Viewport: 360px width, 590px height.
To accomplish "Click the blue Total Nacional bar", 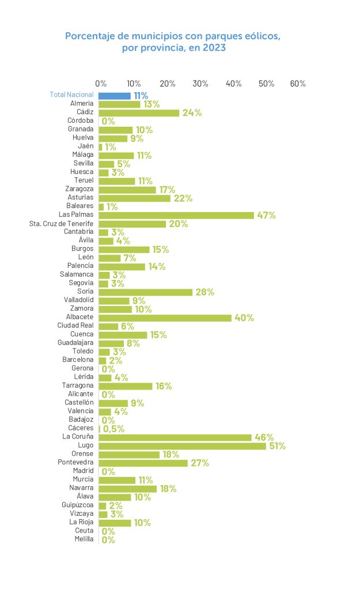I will coord(115,96).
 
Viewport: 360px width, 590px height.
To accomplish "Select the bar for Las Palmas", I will coord(176,215).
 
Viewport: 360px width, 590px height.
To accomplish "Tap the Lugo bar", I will coord(182,446).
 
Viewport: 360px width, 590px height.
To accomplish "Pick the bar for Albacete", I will coord(165,317).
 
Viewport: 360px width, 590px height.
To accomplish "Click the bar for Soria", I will coord(146,292).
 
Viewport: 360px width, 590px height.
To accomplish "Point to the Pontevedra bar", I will coord(143,463).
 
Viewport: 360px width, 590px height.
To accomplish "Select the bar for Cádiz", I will coord(139,113).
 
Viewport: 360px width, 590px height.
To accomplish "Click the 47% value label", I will coord(266,215).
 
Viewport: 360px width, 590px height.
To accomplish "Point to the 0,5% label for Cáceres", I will coord(113,429).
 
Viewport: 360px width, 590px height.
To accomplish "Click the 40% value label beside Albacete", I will coord(244,318).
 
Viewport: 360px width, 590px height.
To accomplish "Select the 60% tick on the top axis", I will coord(298,84).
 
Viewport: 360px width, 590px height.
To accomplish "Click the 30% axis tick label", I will coord(200,84).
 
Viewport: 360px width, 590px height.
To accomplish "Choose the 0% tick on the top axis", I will coord(101,84).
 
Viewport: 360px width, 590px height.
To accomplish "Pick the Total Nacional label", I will coord(71,95).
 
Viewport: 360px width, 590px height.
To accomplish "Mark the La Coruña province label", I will coord(78,437).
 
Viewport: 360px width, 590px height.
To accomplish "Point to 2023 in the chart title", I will coord(213,48).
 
